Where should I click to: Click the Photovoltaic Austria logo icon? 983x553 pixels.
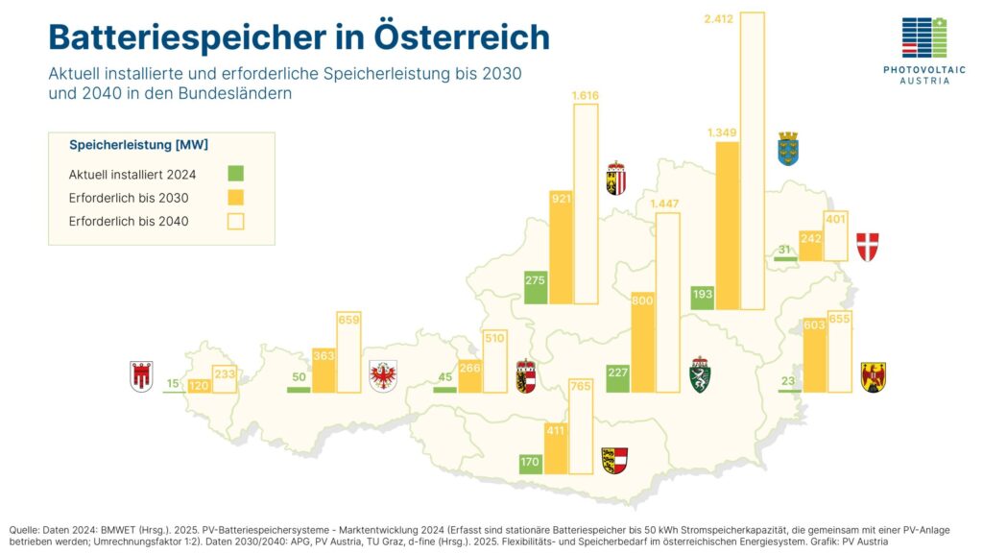point(923,38)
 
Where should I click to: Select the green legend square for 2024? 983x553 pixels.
point(236,174)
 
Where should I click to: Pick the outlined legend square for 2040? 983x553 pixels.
point(236,221)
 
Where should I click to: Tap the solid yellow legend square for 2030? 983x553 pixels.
point(236,198)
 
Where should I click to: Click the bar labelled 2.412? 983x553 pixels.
point(753,163)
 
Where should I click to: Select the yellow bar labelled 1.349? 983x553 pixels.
point(728,227)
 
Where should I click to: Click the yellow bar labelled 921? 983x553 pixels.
point(561,248)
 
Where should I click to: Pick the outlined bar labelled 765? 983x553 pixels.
point(580,426)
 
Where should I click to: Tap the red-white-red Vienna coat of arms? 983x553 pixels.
point(867,247)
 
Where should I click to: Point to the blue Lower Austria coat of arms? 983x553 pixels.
point(788,149)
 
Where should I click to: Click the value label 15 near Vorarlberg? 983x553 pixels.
point(173,384)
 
